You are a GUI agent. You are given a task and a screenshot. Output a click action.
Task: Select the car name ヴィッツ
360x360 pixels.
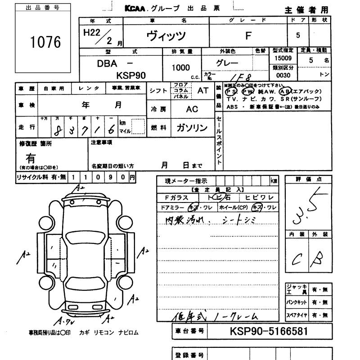pos(166,36)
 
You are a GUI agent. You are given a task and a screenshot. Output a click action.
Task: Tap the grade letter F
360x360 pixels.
pos(247,35)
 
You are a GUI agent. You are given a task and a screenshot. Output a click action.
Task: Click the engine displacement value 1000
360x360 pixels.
pos(180,68)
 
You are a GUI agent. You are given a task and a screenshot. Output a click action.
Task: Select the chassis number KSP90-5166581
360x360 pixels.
pos(269,332)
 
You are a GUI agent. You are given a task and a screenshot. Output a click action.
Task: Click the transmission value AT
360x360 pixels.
pos(203,90)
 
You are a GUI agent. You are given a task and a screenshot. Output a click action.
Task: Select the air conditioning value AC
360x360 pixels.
pos(192,109)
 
